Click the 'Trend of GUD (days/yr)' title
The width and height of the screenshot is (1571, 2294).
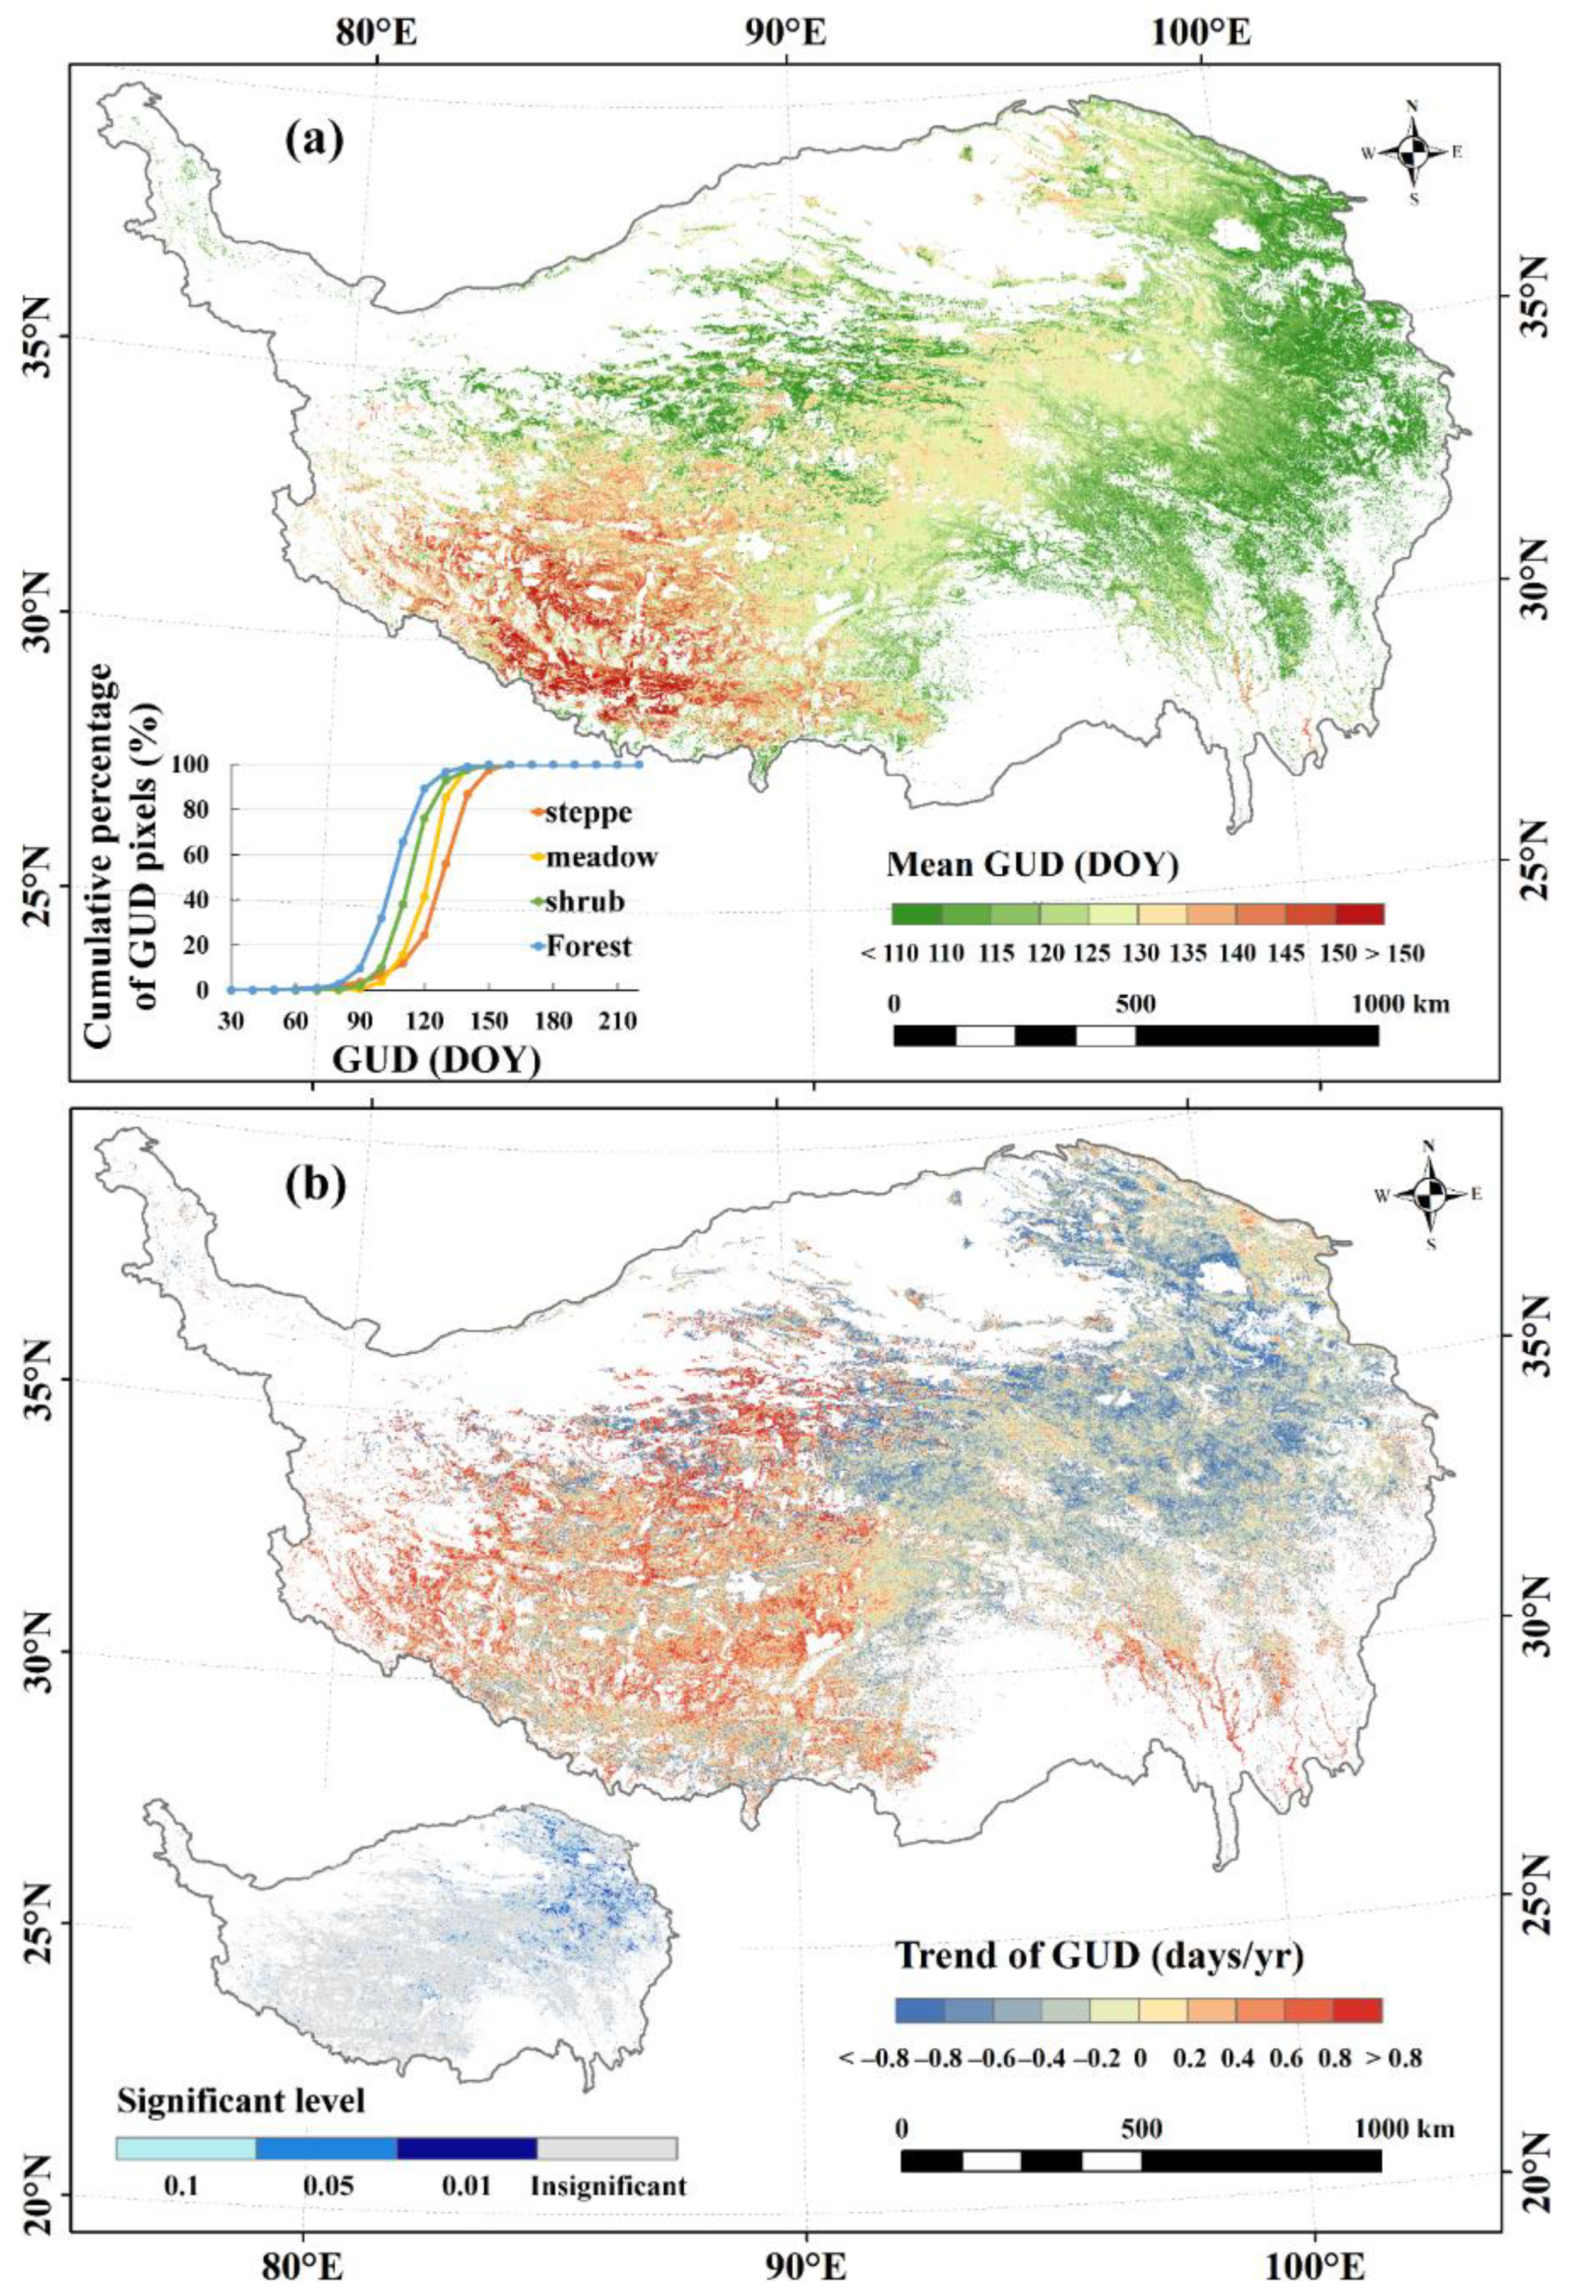[x=1099, y=1895]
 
